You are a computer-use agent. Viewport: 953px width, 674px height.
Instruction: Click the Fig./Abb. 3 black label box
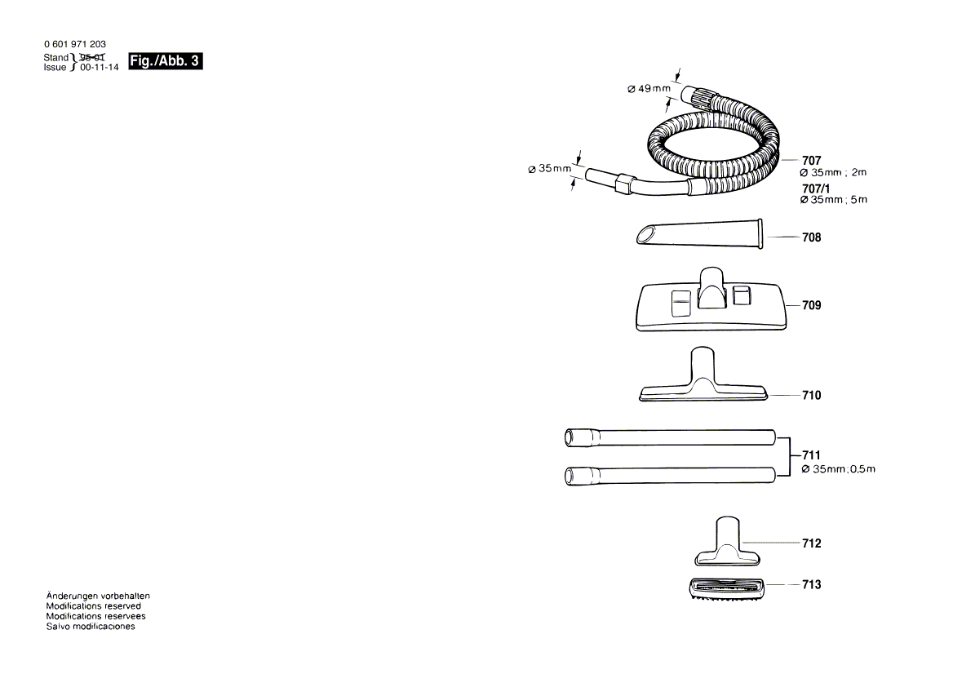165,61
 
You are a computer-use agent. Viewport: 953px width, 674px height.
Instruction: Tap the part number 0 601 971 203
74,44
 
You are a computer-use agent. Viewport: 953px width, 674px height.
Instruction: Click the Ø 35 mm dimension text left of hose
549,169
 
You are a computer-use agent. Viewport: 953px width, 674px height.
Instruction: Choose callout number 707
811,161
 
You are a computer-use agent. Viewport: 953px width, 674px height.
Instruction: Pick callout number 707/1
817,189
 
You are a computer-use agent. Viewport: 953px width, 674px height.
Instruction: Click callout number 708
811,237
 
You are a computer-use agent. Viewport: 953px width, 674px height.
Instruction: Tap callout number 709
811,305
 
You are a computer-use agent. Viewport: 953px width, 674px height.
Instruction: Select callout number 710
811,395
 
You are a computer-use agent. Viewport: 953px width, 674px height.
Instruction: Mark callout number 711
811,455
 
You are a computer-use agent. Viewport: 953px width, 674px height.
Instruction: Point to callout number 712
811,543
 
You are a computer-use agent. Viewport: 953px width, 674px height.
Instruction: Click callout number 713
811,585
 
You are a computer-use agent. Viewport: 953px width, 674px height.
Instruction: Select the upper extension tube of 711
669,437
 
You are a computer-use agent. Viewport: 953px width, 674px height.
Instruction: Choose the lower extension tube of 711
669,474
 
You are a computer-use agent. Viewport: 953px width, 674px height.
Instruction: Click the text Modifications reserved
93,606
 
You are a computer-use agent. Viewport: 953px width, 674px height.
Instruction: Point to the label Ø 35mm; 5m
833,200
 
